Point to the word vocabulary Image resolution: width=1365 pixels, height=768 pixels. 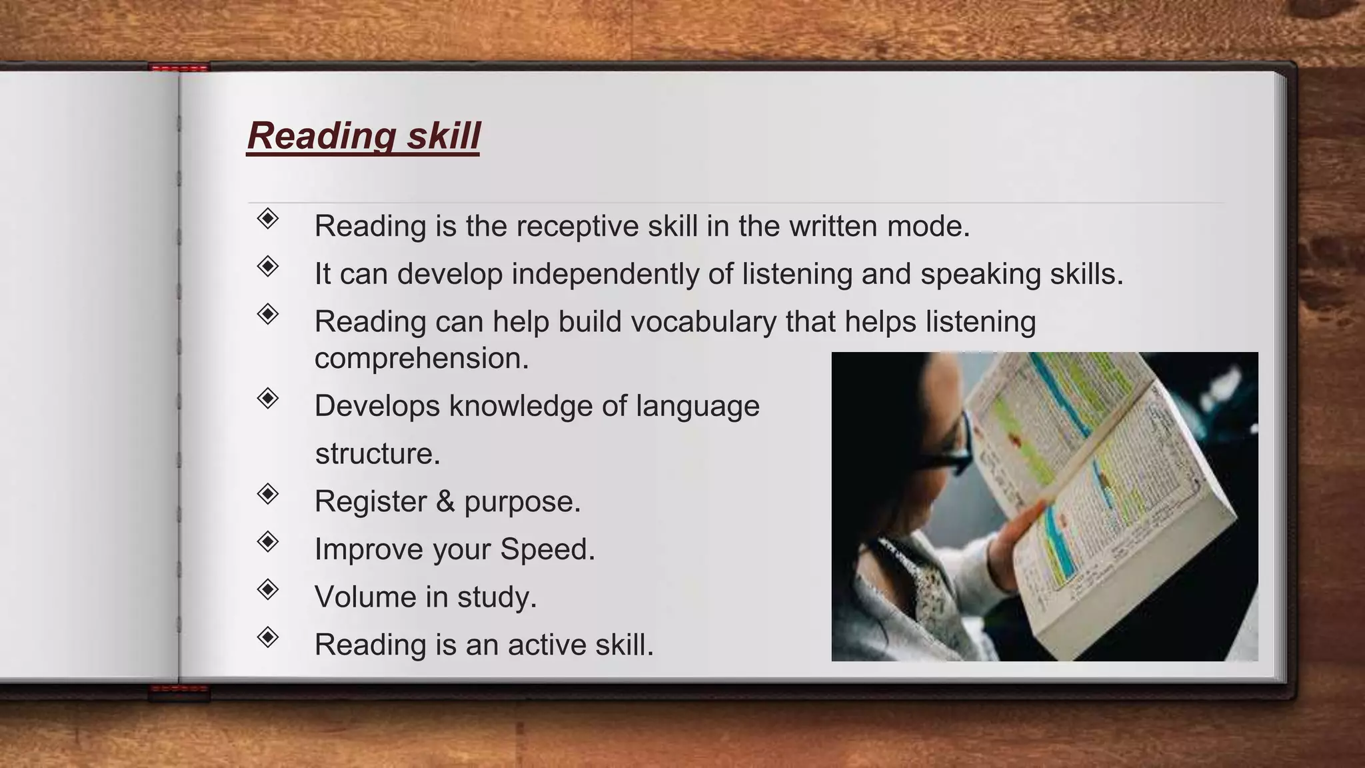[x=703, y=322]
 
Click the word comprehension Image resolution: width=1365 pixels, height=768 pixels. [x=421, y=359]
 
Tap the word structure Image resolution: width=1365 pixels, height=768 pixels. [x=377, y=454]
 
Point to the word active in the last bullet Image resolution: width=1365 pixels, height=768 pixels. [x=547, y=645]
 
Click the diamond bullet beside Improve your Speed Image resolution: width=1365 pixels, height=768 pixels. [x=267, y=541]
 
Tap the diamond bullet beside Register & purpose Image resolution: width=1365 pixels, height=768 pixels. [x=267, y=494]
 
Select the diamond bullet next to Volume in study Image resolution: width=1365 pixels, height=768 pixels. [x=267, y=589]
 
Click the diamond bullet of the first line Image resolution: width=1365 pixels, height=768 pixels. [x=267, y=218]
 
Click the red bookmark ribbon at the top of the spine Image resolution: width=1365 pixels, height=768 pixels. [x=179, y=67]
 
